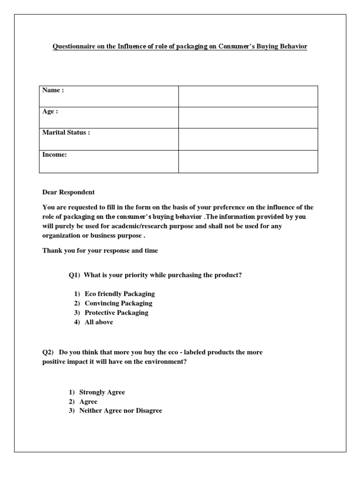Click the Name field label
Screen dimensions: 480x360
pos(53,90)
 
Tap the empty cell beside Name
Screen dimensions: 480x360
pos(248,96)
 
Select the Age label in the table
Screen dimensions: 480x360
pos(50,112)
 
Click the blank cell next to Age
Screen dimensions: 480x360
pos(248,117)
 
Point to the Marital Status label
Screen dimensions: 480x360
pos(66,133)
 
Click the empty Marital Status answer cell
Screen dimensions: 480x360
pos(248,139)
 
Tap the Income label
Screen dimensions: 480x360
pos(55,154)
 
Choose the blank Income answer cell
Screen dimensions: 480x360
pos(248,161)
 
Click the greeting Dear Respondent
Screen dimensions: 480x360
pos(68,192)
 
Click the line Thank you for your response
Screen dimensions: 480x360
pos(100,251)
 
